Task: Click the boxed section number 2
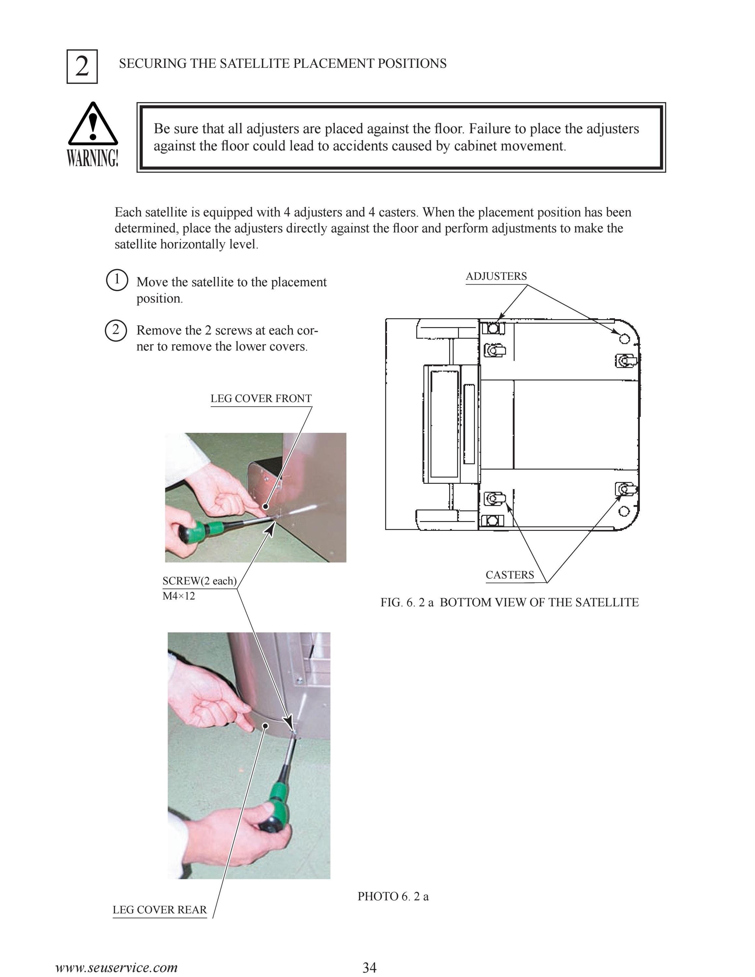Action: click(82, 67)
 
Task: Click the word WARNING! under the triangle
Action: click(93, 158)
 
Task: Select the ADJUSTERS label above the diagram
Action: click(496, 276)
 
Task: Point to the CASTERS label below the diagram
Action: click(510, 575)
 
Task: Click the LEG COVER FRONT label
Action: click(261, 398)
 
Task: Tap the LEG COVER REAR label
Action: click(160, 910)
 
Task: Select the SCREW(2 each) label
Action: click(199, 581)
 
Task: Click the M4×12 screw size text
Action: click(179, 596)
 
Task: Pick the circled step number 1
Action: click(117, 280)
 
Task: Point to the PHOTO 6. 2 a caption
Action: click(393, 896)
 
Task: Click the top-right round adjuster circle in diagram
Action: click(625, 339)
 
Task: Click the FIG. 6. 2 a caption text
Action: click(509, 602)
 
